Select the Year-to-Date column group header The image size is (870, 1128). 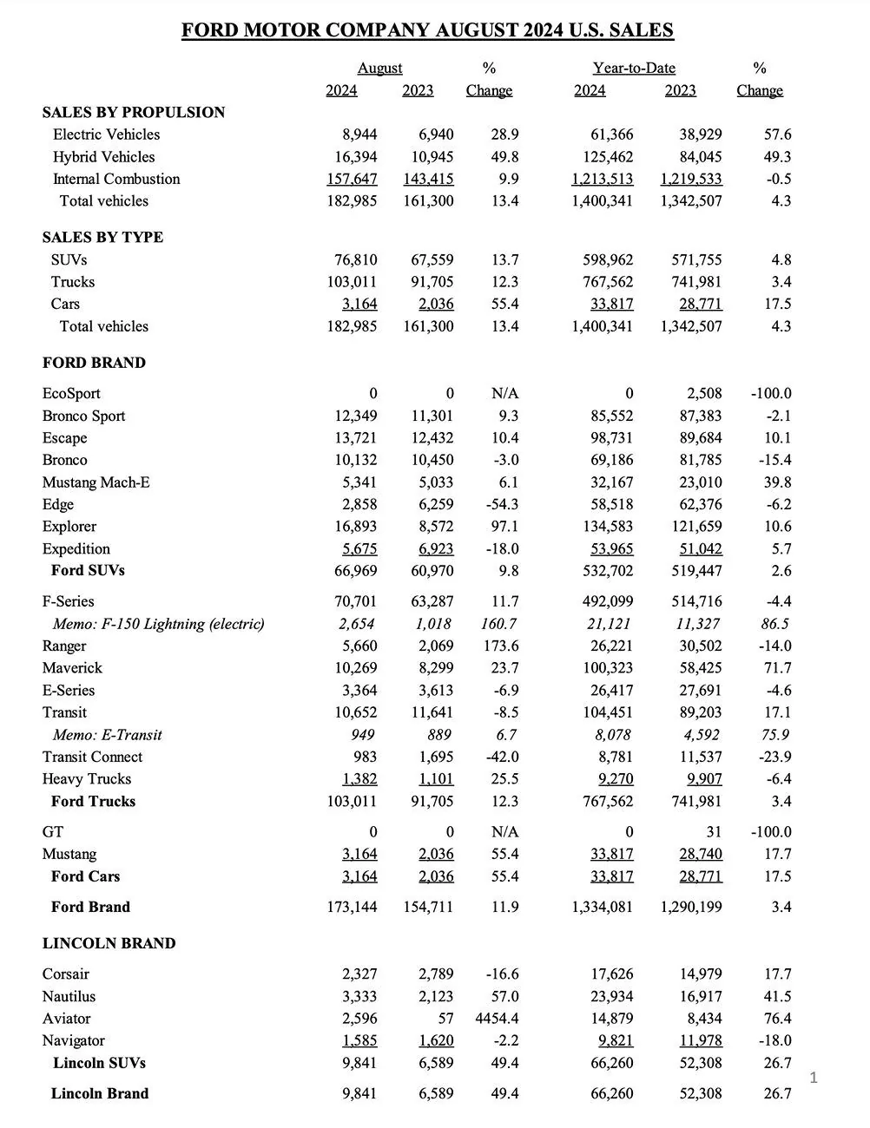[x=634, y=69]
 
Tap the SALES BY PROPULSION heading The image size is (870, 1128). [x=134, y=112]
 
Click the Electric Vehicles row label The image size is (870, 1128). [x=106, y=134]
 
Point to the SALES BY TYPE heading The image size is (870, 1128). [x=102, y=237]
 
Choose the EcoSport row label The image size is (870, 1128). [x=71, y=393]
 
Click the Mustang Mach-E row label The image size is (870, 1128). [x=96, y=482]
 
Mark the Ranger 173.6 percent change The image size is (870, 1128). [x=500, y=646]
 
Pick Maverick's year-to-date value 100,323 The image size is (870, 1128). [x=608, y=668]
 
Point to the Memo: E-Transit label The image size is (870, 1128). [x=107, y=735]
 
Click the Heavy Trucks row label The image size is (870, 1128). [x=87, y=779]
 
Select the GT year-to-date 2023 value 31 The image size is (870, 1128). [x=713, y=831]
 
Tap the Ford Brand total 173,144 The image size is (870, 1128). [x=352, y=907]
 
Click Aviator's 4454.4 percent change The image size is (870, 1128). [x=495, y=1019]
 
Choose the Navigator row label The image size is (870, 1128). [x=74, y=1040]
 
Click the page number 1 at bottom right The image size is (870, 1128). [x=814, y=1078]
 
